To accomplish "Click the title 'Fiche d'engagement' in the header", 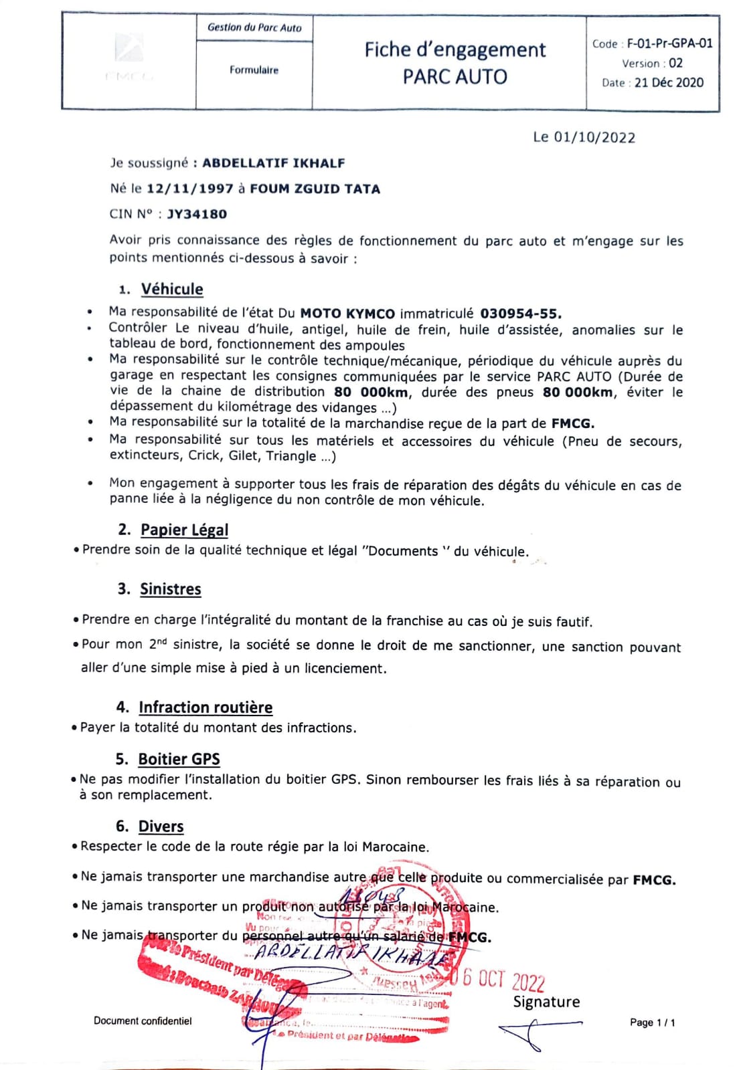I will (455, 50).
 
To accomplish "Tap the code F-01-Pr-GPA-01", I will (669, 43).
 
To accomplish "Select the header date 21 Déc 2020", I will (669, 82).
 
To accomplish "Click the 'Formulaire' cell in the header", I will (254, 70).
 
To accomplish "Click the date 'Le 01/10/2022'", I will (584, 137).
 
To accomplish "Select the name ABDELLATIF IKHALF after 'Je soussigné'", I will (273, 163).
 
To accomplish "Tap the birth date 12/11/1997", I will (189, 189).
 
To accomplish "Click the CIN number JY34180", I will (197, 214).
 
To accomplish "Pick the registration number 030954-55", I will (521, 314).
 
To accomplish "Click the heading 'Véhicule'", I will (171, 289).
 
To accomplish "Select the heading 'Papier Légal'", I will (184, 530).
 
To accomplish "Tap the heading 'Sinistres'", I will (170, 589).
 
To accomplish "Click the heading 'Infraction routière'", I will (206, 708).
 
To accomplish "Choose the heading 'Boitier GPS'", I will (179, 759).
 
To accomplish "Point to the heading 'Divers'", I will (161, 827).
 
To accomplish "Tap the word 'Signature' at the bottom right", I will (546, 1002).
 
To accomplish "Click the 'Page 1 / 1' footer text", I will (652, 1023).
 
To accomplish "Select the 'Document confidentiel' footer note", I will (143, 1021).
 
